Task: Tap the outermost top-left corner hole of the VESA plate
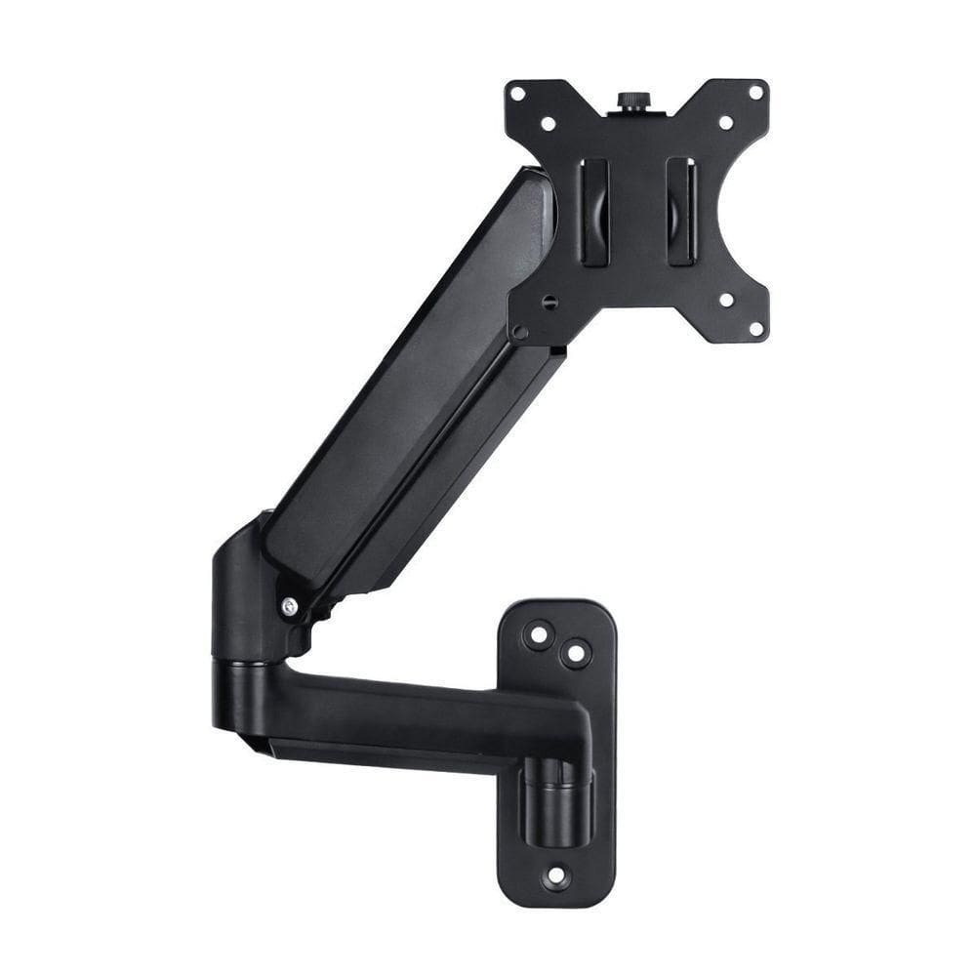[517, 94]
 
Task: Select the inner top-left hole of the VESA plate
[548, 124]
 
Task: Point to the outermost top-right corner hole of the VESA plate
[754, 93]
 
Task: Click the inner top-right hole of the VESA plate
[725, 123]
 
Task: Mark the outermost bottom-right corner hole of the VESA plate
[754, 329]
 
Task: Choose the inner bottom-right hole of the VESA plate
[725, 300]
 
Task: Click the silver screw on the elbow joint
[289, 607]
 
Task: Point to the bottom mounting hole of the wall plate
[556, 875]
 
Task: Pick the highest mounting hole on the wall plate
[538, 635]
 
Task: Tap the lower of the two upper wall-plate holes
[576, 653]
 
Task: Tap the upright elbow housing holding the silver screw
[249, 595]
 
